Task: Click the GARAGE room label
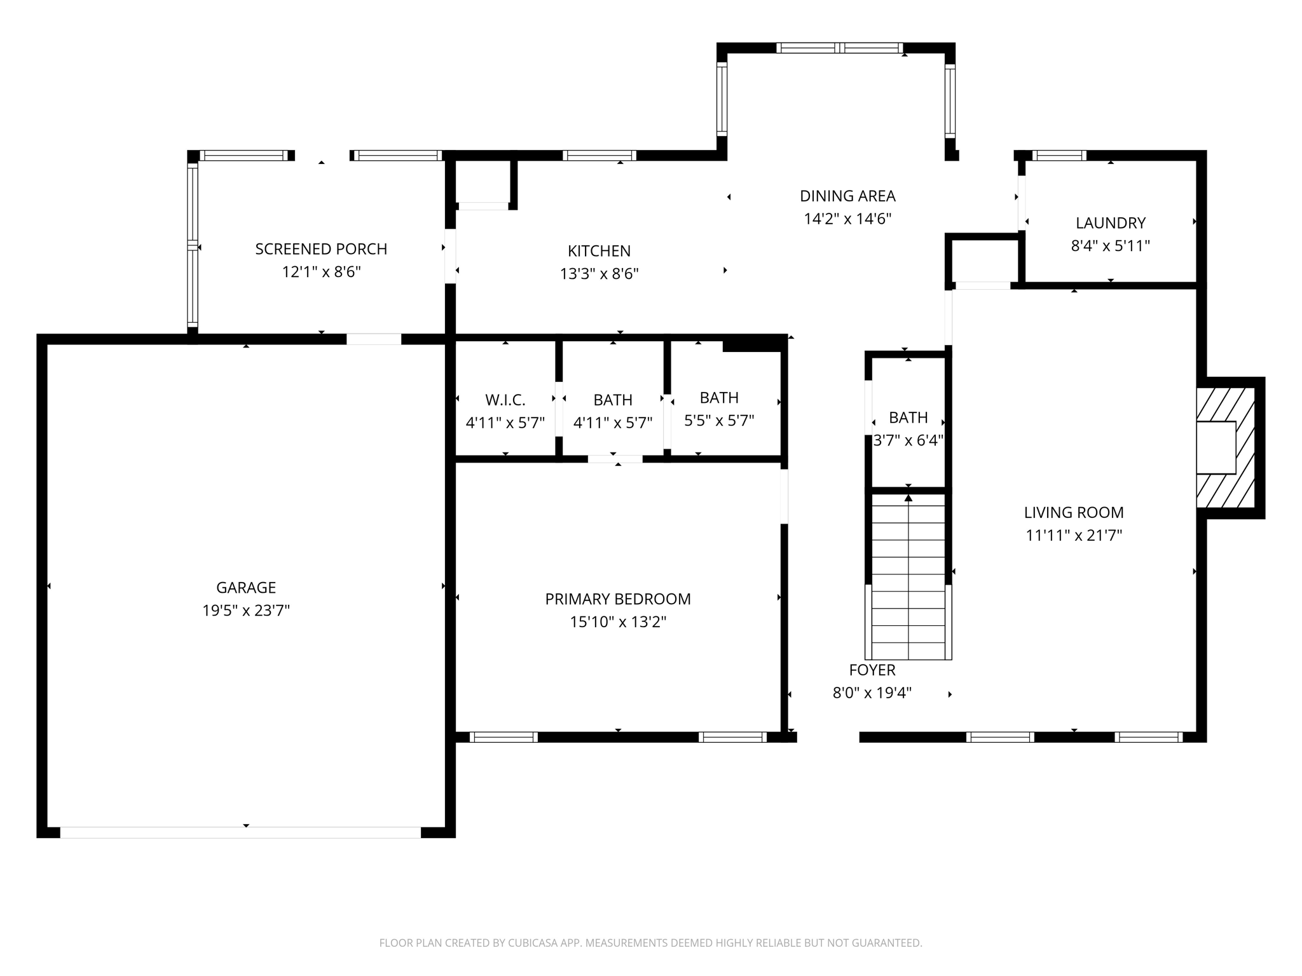[246, 588]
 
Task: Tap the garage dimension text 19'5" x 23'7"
[246, 611]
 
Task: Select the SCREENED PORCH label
[321, 249]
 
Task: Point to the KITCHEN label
[599, 251]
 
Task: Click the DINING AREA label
[847, 196]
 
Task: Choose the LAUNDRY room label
[1110, 223]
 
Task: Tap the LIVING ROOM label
[1073, 512]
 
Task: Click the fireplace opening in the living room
[1216, 447]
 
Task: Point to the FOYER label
[872, 670]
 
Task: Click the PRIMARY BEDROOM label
[617, 599]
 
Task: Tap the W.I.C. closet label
[505, 400]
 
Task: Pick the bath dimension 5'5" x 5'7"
[719, 421]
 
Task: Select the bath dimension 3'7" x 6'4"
[908, 440]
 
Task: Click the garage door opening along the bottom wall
[240, 832]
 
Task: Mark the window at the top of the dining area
[839, 48]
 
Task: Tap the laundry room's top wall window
[1059, 156]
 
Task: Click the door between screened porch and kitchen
[450, 255]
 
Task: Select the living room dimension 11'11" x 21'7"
[1073, 536]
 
